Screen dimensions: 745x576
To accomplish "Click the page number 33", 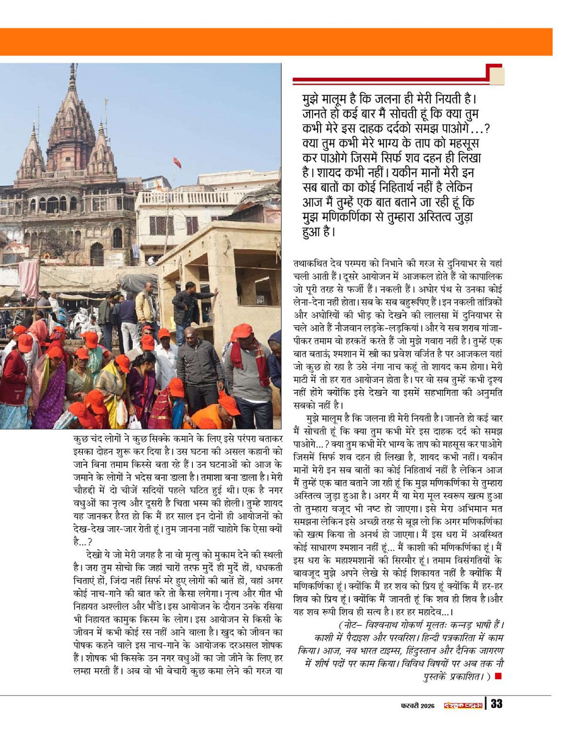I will tap(496, 704).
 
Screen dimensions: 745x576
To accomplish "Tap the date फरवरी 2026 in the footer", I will tap(418, 705).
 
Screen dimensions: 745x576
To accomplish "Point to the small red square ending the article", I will tap(498, 676).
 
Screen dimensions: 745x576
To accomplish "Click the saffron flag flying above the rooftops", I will tap(177, 162).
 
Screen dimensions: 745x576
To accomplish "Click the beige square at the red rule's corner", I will tap(497, 76).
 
